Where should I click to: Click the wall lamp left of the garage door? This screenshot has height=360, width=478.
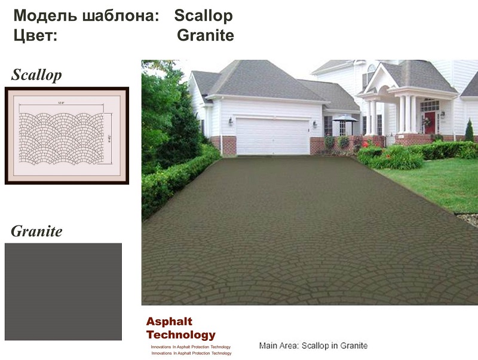coord(231,121)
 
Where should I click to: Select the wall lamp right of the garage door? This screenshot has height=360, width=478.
coord(315,124)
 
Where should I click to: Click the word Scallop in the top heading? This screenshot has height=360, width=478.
coord(203,16)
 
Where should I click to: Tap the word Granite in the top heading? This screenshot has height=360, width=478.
coord(205,35)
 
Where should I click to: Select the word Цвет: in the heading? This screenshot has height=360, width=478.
coord(35,35)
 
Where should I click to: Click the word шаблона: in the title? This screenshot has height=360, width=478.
coord(120,16)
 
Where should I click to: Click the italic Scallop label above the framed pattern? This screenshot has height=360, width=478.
coord(36,75)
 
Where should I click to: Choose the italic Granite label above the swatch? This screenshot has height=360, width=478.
coord(36,231)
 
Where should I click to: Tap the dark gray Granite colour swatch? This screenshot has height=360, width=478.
coord(63,291)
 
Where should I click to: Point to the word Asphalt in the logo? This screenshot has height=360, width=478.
coord(169,322)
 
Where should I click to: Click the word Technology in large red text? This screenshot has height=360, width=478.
coord(180,335)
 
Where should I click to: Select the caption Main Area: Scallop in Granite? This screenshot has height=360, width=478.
coord(313,346)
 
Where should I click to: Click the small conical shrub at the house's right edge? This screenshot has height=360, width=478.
coord(469,131)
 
